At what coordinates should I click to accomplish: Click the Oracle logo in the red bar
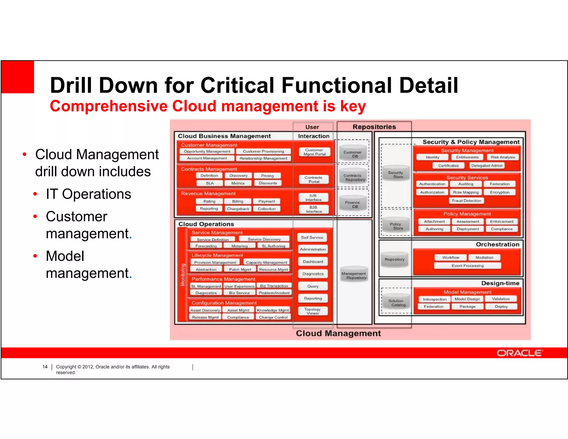point(519,353)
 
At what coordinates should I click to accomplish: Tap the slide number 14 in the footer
point(45,367)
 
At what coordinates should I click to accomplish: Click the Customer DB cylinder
point(353,154)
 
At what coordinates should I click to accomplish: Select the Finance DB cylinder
point(353,204)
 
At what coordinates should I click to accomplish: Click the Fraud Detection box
point(466,201)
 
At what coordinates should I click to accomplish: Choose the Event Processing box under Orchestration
point(468,266)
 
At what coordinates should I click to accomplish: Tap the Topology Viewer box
point(313,311)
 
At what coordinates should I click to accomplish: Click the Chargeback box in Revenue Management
point(238,209)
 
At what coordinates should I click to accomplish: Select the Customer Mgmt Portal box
point(314,152)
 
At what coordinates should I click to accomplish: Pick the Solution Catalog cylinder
point(396,303)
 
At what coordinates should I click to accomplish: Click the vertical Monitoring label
point(183,275)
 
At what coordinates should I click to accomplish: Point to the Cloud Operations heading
point(206,224)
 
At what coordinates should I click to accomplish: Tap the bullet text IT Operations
point(88,194)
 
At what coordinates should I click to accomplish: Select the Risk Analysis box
point(503,157)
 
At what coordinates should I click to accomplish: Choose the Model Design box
point(467,299)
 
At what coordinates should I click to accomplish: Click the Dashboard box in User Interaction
point(313,261)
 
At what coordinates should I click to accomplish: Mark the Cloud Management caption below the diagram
point(338,333)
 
